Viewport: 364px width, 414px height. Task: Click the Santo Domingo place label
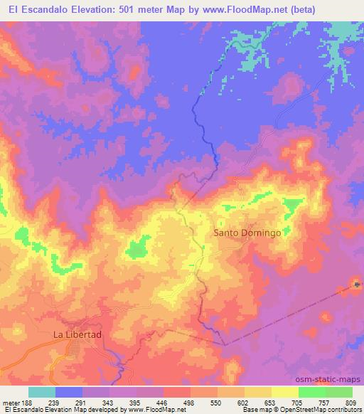(x=248, y=233)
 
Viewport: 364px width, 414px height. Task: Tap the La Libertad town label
(x=79, y=334)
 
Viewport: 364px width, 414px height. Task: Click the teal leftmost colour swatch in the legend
(x=42, y=392)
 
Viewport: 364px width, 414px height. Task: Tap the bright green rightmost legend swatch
(x=338, y=392)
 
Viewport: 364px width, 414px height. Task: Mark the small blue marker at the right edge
(x=358, y=286)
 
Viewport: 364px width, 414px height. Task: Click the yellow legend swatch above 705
(x=284, y=392)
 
